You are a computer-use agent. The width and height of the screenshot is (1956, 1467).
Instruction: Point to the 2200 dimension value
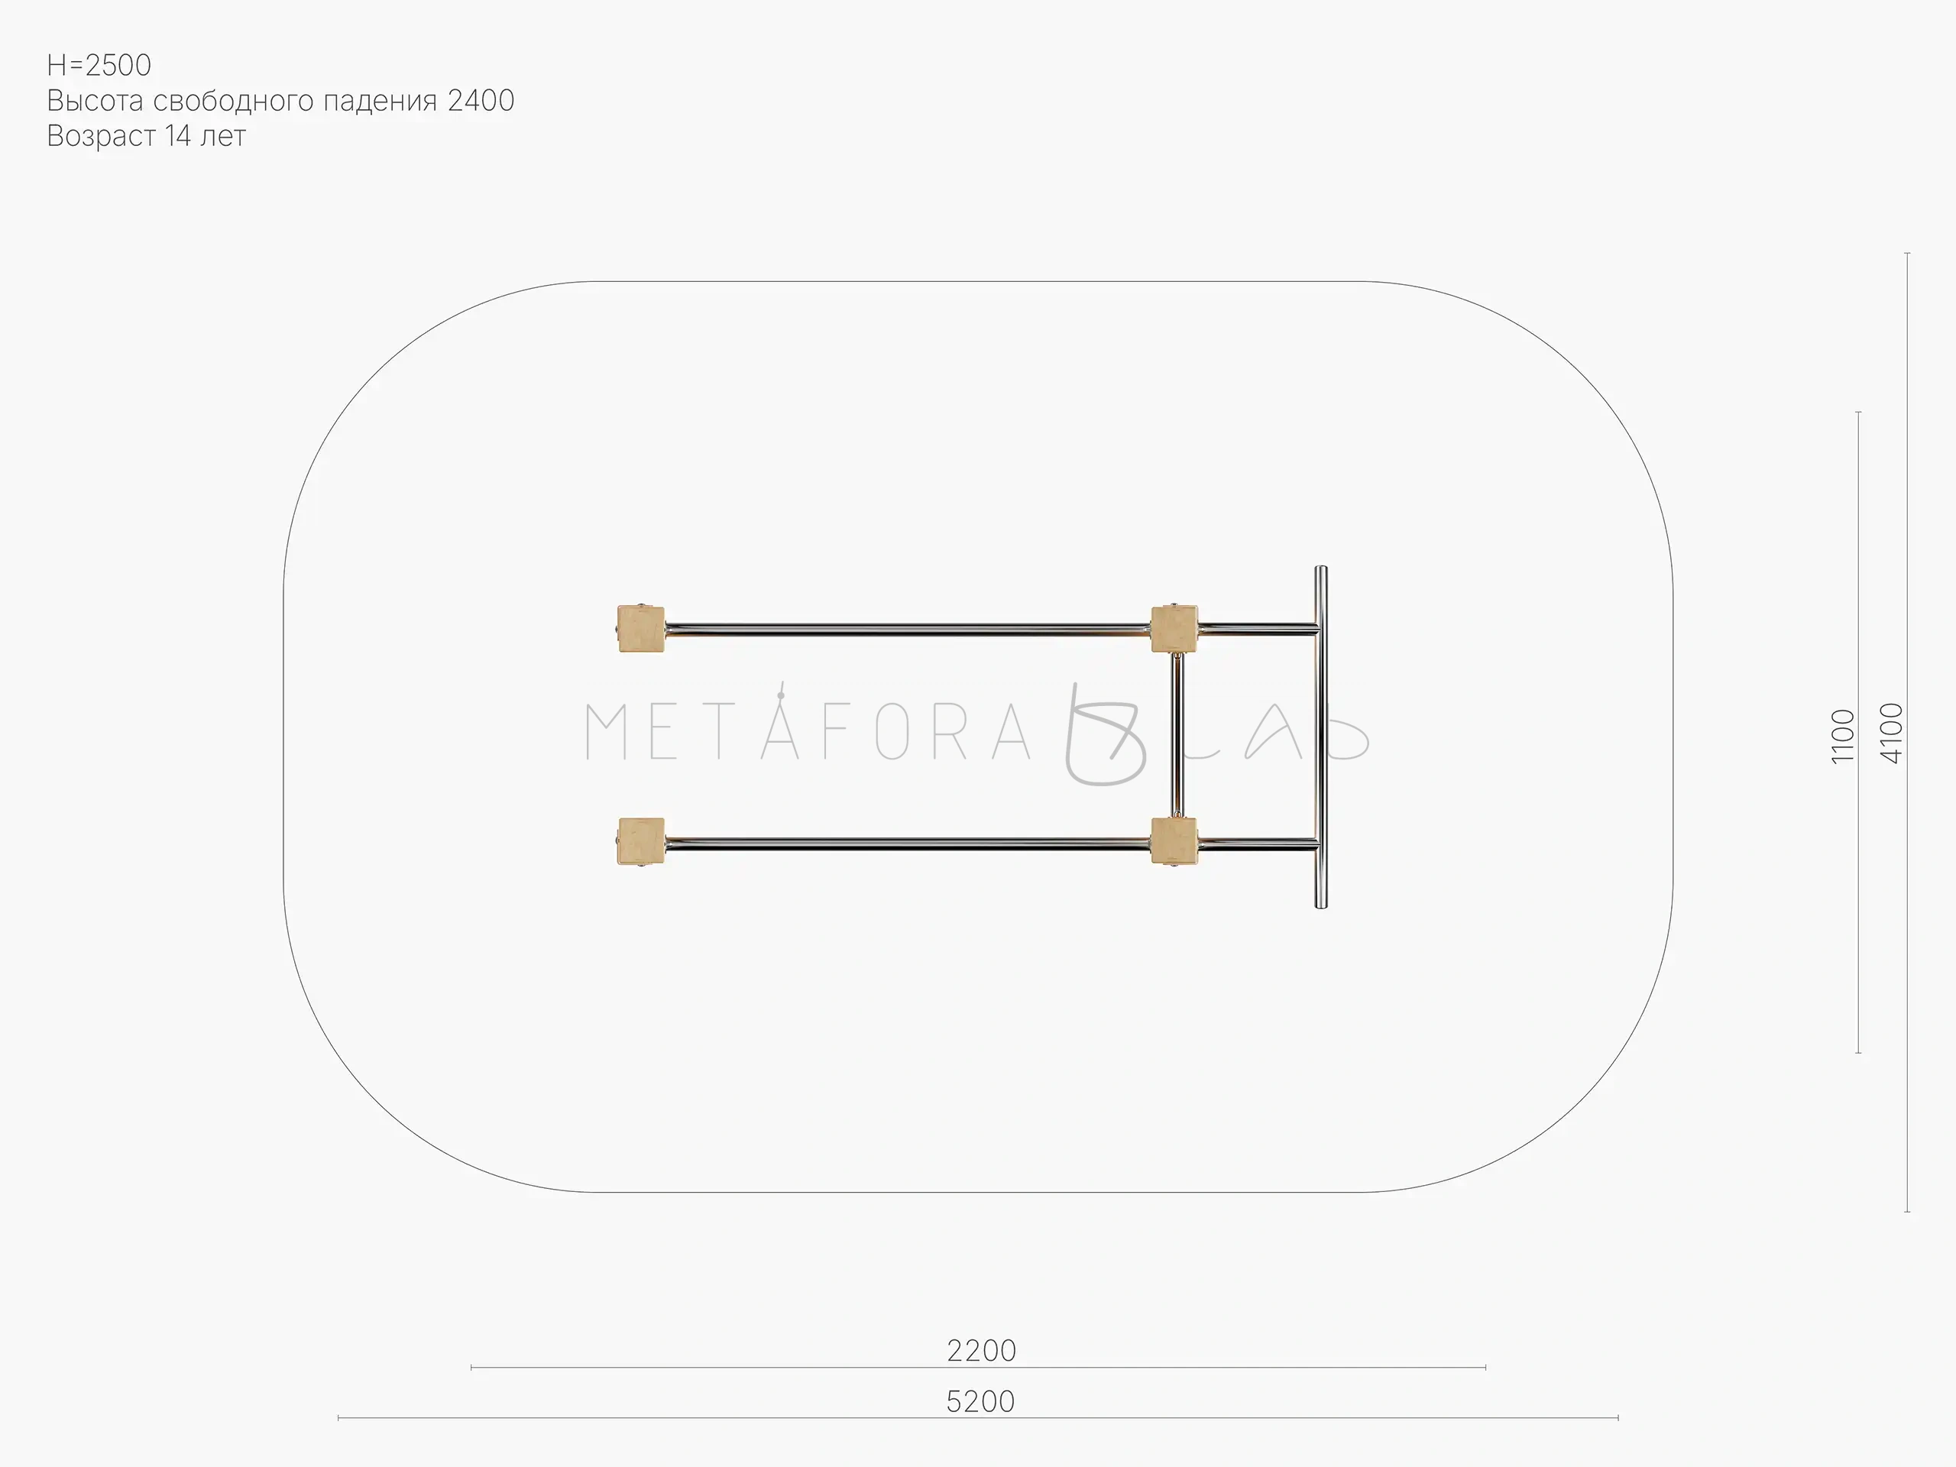pyautogui.click(x=982, y=1350)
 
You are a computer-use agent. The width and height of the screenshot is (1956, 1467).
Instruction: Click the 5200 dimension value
pyautogui.click(x=980, y=1401)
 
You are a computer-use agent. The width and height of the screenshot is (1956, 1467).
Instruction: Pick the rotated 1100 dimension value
pyautogui.click(x=1843, y=736)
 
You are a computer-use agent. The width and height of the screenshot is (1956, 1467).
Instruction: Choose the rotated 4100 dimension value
pyautogui.click(x=1892, y=733)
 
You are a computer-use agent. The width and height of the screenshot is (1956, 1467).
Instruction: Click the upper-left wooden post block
pyautogui.click(x=640, y=629)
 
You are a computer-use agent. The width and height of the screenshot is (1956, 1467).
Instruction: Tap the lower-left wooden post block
pyautogui.click(x=640, y=842)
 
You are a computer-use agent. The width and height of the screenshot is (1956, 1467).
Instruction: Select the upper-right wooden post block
pyautogui.click(x=1174, y=629)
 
